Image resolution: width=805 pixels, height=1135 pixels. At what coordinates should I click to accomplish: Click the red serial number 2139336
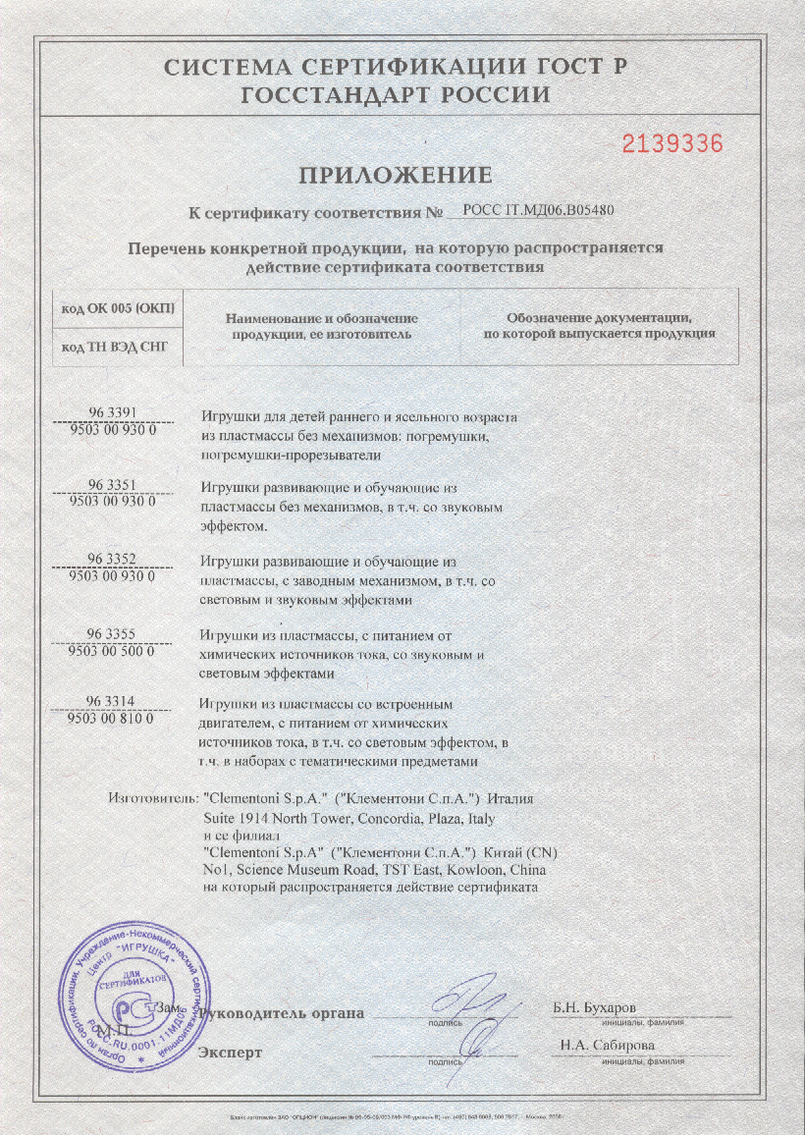[x=673, y=143]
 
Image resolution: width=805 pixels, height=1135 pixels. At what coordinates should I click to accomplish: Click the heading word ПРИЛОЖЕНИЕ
[x=395, y=176]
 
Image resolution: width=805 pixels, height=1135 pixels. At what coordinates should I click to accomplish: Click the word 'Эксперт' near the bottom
[x=231, y=1053]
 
